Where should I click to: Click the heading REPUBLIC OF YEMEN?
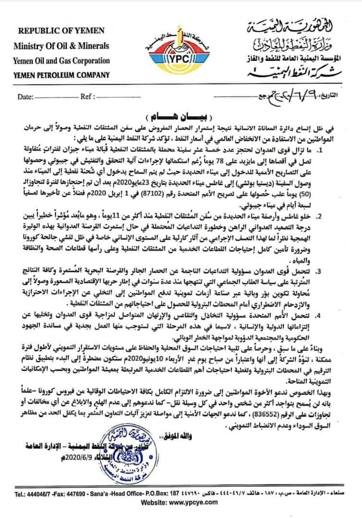tap(61, 31)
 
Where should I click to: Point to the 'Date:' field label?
tap(25, 96)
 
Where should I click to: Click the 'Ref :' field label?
tap(86, 96)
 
